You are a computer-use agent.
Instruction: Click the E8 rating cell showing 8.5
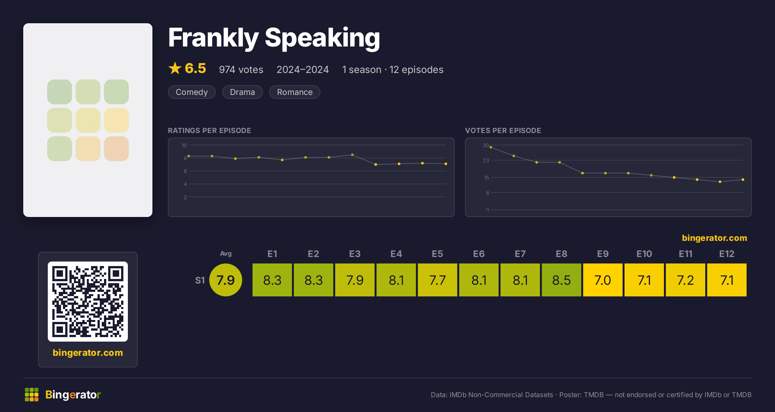pos(562,280)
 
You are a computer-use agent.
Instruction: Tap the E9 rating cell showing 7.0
pos(603,280)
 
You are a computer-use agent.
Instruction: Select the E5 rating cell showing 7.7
pos(438,280)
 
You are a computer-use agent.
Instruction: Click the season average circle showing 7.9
pos(226,280)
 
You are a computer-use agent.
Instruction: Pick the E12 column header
pos(727,254)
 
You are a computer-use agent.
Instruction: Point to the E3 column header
pos(355,254)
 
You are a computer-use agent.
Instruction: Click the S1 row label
pos(200,280)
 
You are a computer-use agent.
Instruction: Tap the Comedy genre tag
pos(192,92)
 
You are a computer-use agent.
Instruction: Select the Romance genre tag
pos(295,92)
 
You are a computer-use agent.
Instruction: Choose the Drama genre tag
pos(243,92)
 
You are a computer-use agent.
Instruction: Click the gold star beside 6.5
pos(175,68)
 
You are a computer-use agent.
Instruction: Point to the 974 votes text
pos(241,69)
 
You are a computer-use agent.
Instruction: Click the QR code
pos(88,302)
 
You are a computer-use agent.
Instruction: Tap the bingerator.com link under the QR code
pos(88,353)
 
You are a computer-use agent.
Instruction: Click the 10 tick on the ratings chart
pos(184,145)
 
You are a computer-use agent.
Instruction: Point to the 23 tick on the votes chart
pos(486,160)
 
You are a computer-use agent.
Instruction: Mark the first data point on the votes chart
pos(491,147)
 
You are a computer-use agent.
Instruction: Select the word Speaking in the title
pos(322,38)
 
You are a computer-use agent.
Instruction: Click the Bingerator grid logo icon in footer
pos(32,395)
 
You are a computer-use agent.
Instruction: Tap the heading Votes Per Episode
pos(503,130)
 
